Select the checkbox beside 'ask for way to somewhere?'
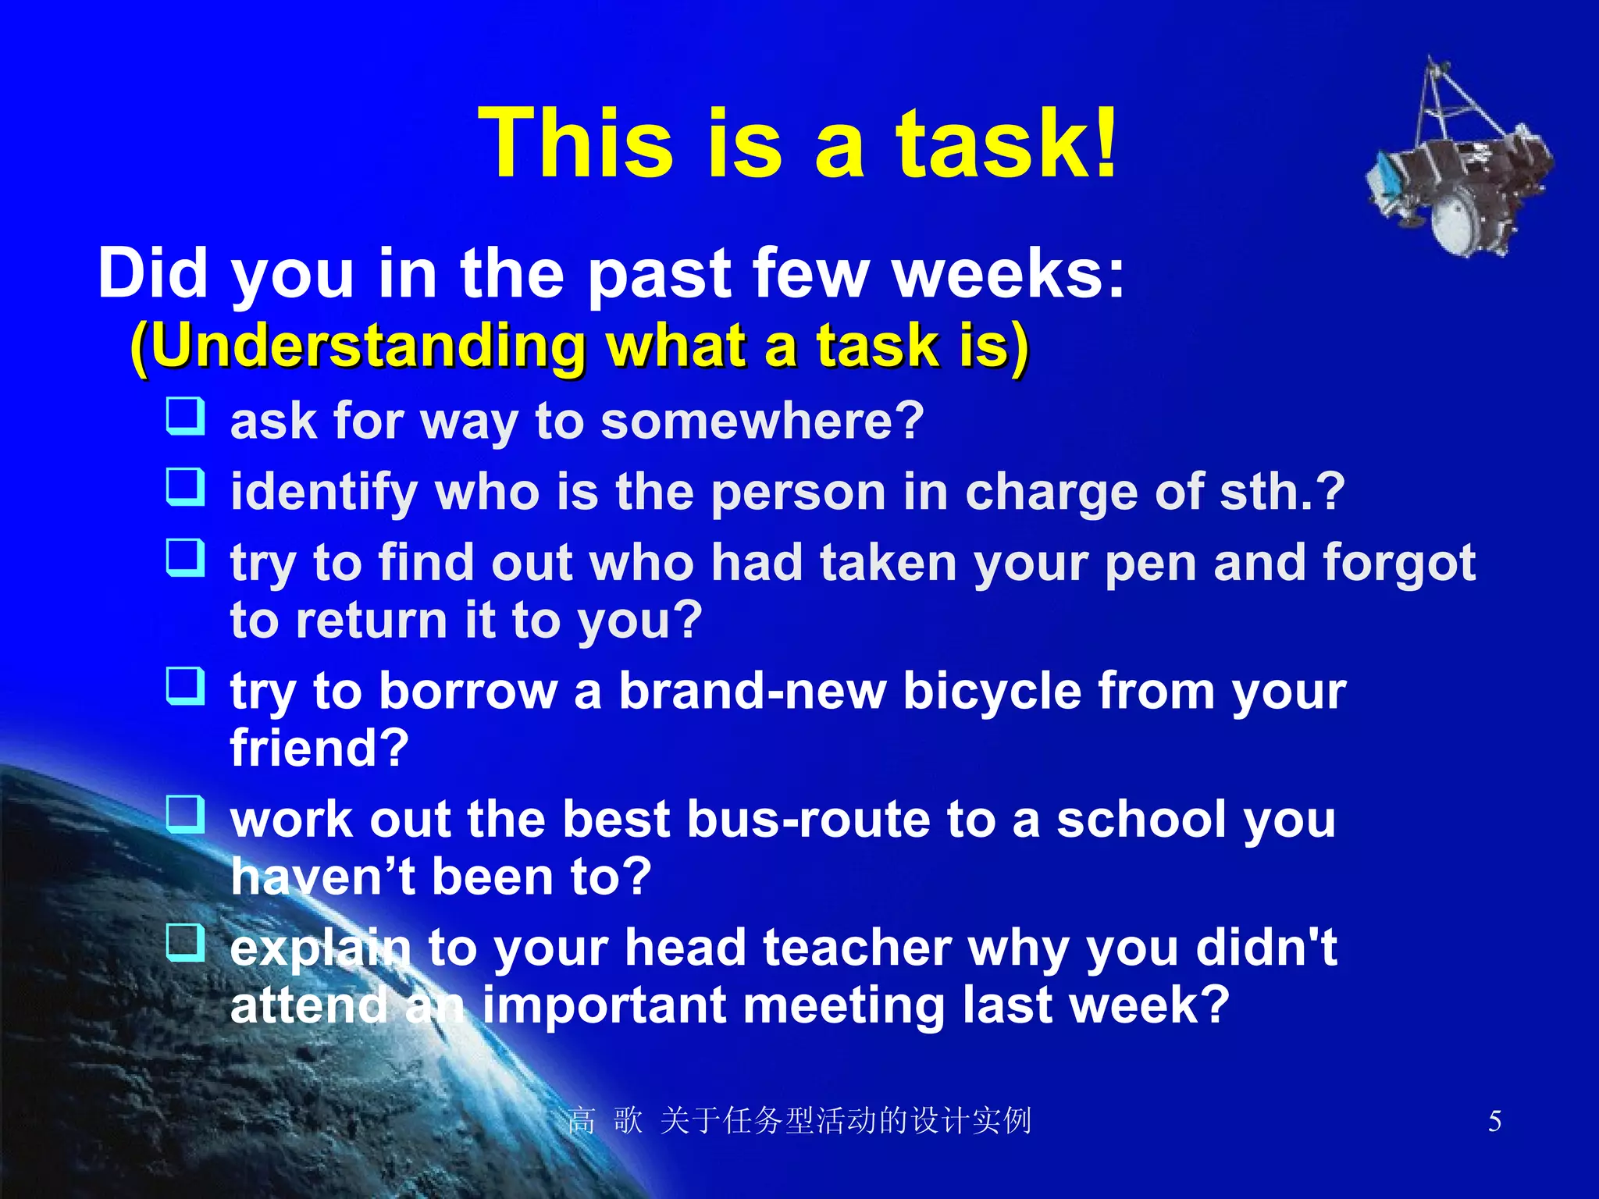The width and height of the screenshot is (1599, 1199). pyautogui.click(x=186, y=416)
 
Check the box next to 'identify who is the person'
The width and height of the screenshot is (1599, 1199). pyautogui.click(x=186, y=487)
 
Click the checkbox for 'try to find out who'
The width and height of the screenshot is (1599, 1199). pyautogui.click(x=186, y=558)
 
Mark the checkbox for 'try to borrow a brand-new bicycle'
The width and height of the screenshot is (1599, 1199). pyautogui.click(x=186, y=686)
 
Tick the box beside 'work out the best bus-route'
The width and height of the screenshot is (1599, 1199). pyautogui.click(x=186, y=814)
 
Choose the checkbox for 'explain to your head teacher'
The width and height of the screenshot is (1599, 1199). pyautogui.click(x=186, y=942)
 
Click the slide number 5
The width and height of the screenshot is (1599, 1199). pyautogui.click(x=1494, y=1122)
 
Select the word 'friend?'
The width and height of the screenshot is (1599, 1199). pyautogui.click(x=319, y=748)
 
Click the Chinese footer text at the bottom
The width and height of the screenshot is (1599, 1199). pyautogui.click(x=799, y=1122)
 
